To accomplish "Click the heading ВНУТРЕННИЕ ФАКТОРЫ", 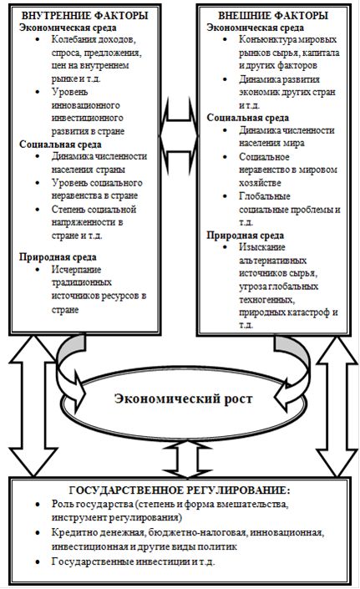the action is click(x=85, y=15).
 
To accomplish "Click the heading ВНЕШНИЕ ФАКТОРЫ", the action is click(x=273, y=15).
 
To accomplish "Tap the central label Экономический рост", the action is click(x=184, y=399).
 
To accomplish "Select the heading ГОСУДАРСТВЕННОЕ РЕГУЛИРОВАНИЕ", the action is click(x=179, y=490).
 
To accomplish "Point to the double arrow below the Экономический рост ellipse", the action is click(x=183, y=459).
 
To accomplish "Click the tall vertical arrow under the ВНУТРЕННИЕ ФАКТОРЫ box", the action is click(x=33, y=406).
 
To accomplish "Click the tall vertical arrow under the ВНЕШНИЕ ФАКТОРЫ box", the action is click(x=336, y=406).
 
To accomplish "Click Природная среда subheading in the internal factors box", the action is click(x=58, y=257).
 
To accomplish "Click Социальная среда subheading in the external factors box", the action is click(x=248, y=118).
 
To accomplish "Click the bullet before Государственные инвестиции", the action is click(x=38, y=562).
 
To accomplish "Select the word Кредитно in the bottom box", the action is click(x=70, y=533).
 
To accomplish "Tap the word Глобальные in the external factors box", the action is click(x=265, y=196).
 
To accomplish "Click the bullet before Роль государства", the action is click(x=38, y=505).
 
